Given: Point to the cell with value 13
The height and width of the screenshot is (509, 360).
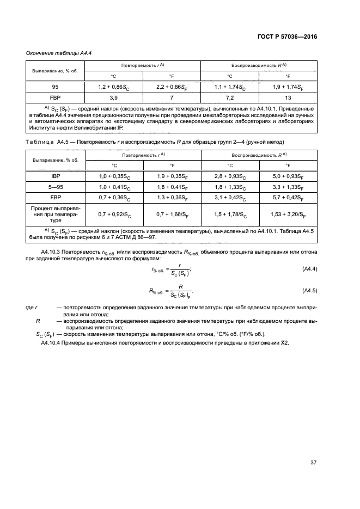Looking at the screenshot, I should (288, 99).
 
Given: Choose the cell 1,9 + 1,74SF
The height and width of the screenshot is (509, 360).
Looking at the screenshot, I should (288, 87).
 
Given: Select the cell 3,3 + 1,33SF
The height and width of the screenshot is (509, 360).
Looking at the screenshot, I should (288, 187).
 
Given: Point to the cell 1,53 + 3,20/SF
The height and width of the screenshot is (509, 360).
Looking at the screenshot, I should (288, 215).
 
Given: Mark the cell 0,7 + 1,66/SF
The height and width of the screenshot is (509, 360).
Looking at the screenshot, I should (171, 215).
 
